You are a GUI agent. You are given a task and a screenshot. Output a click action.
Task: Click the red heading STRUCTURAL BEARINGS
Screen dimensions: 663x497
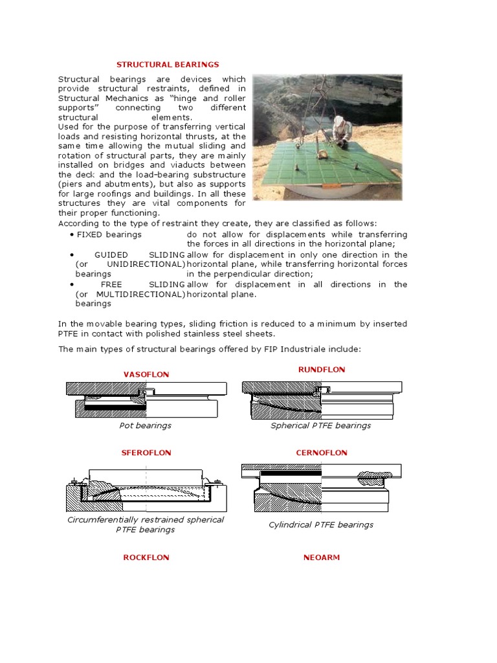(168, 65)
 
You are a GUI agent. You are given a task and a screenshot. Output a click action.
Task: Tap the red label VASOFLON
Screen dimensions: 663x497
(146, 374)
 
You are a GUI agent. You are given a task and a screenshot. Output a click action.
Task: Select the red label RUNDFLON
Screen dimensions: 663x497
(322, 370)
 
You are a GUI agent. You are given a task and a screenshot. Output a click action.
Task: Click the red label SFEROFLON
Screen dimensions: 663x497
(147, 453)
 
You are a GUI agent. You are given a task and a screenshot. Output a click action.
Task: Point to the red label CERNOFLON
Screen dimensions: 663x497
(322, 453)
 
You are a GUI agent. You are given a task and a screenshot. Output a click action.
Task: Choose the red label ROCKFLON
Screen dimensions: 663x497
(146, 557)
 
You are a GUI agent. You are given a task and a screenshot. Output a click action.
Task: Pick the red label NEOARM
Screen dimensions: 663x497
(322, 557)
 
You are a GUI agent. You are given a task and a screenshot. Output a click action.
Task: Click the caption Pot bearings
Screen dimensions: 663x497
(146, 425)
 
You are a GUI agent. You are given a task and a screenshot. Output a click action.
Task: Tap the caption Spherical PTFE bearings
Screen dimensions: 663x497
(321, 425)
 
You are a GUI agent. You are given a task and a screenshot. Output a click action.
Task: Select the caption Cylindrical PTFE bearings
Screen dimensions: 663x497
(321, 524)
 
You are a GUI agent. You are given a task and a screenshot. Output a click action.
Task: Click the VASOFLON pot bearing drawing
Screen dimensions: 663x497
(146, 399)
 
